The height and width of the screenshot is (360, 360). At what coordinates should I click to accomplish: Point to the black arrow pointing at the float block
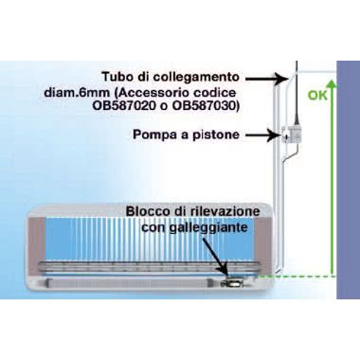pos(224,256)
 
